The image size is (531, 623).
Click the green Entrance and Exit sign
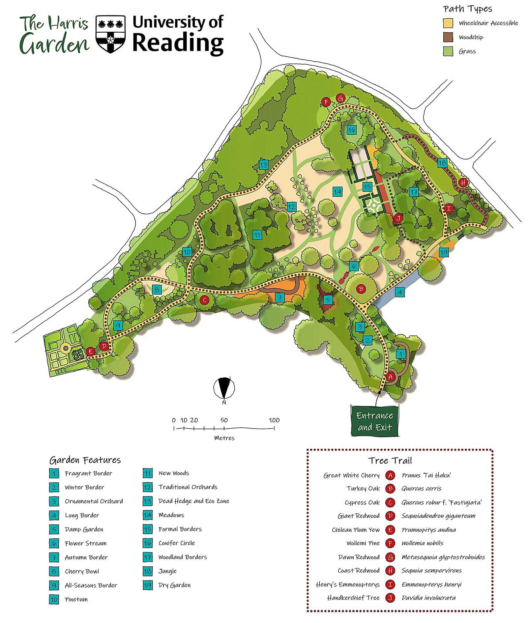tap(374, 421)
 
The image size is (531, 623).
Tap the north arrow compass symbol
tap(224, 388)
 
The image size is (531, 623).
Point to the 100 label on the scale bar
tap(274, 420)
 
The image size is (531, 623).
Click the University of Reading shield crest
tap(110, 34)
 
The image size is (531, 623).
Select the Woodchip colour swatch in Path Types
tap(448, 37)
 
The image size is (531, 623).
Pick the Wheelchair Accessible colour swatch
tap(448, 23)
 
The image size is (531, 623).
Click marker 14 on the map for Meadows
tap(337, 191)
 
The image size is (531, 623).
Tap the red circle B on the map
tap(361, 289)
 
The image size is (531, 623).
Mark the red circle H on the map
tap(463, 182)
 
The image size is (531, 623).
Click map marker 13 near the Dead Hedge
tap(264, 165)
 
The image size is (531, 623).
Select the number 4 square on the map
tap(400, 292)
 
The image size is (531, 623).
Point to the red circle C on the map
tap(205, 300)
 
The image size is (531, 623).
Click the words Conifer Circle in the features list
tap(177, 543)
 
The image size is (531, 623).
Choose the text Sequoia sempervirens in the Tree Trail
tap(431, 570)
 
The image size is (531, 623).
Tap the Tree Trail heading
tap(390, 460)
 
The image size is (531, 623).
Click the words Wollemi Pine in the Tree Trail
tap(363, 543)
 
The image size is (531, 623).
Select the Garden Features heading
tap(85, 460)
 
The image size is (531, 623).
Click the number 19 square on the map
tap(444, 253)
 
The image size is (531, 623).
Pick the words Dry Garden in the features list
tap(174, 585)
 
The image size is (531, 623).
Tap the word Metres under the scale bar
tap(224, 438)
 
